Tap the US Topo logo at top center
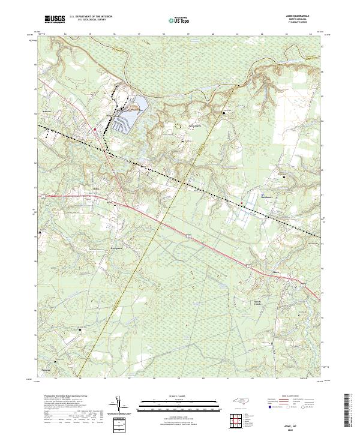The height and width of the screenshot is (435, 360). coord(178,20)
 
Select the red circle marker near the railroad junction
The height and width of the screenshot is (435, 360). coord(95,128)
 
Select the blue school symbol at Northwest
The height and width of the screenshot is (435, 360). coord(262,194)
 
